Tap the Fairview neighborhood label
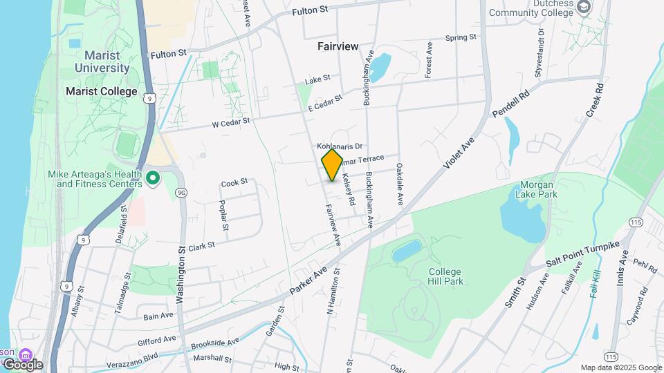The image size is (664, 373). (x=338, y=46)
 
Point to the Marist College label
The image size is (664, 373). (x=101, y=91)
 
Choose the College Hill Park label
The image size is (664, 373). (x=445, y=276)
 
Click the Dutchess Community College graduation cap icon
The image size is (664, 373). (x=584, y=8)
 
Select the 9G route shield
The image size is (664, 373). (x=181, y=192)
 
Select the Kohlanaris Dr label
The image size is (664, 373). (x=340, y=146)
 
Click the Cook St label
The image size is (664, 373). (x=234, y=183)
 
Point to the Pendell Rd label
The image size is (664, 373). (x=510, y=103)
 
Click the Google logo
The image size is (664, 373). (x=23, y=364)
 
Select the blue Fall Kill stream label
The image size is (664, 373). (x=593, y=284)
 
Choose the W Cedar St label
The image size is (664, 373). (x=230, y=122)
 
